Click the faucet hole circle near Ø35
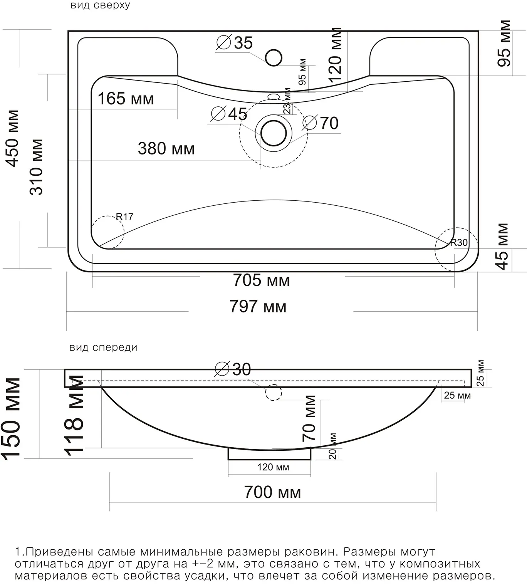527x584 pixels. pos(274,57)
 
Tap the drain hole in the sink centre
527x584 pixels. pos(274,133)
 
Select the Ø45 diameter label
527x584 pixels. pos(229,114)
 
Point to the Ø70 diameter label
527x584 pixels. pos(321,123)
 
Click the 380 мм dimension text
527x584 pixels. pos(166,148)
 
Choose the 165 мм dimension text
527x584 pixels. pos(126,98)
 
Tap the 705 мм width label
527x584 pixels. pos(262,280)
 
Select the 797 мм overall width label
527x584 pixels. pos(258,306)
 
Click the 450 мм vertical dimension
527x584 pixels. pos(13,138)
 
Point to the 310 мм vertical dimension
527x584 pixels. pos(36,167)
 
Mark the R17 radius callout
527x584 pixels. pos(124,216)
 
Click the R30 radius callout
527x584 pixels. pos(459,242)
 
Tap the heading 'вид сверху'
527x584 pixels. pos(100,5)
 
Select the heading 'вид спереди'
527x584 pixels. pos(103,347)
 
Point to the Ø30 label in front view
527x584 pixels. pos(233,369)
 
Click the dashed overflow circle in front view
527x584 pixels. pos(274,393)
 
